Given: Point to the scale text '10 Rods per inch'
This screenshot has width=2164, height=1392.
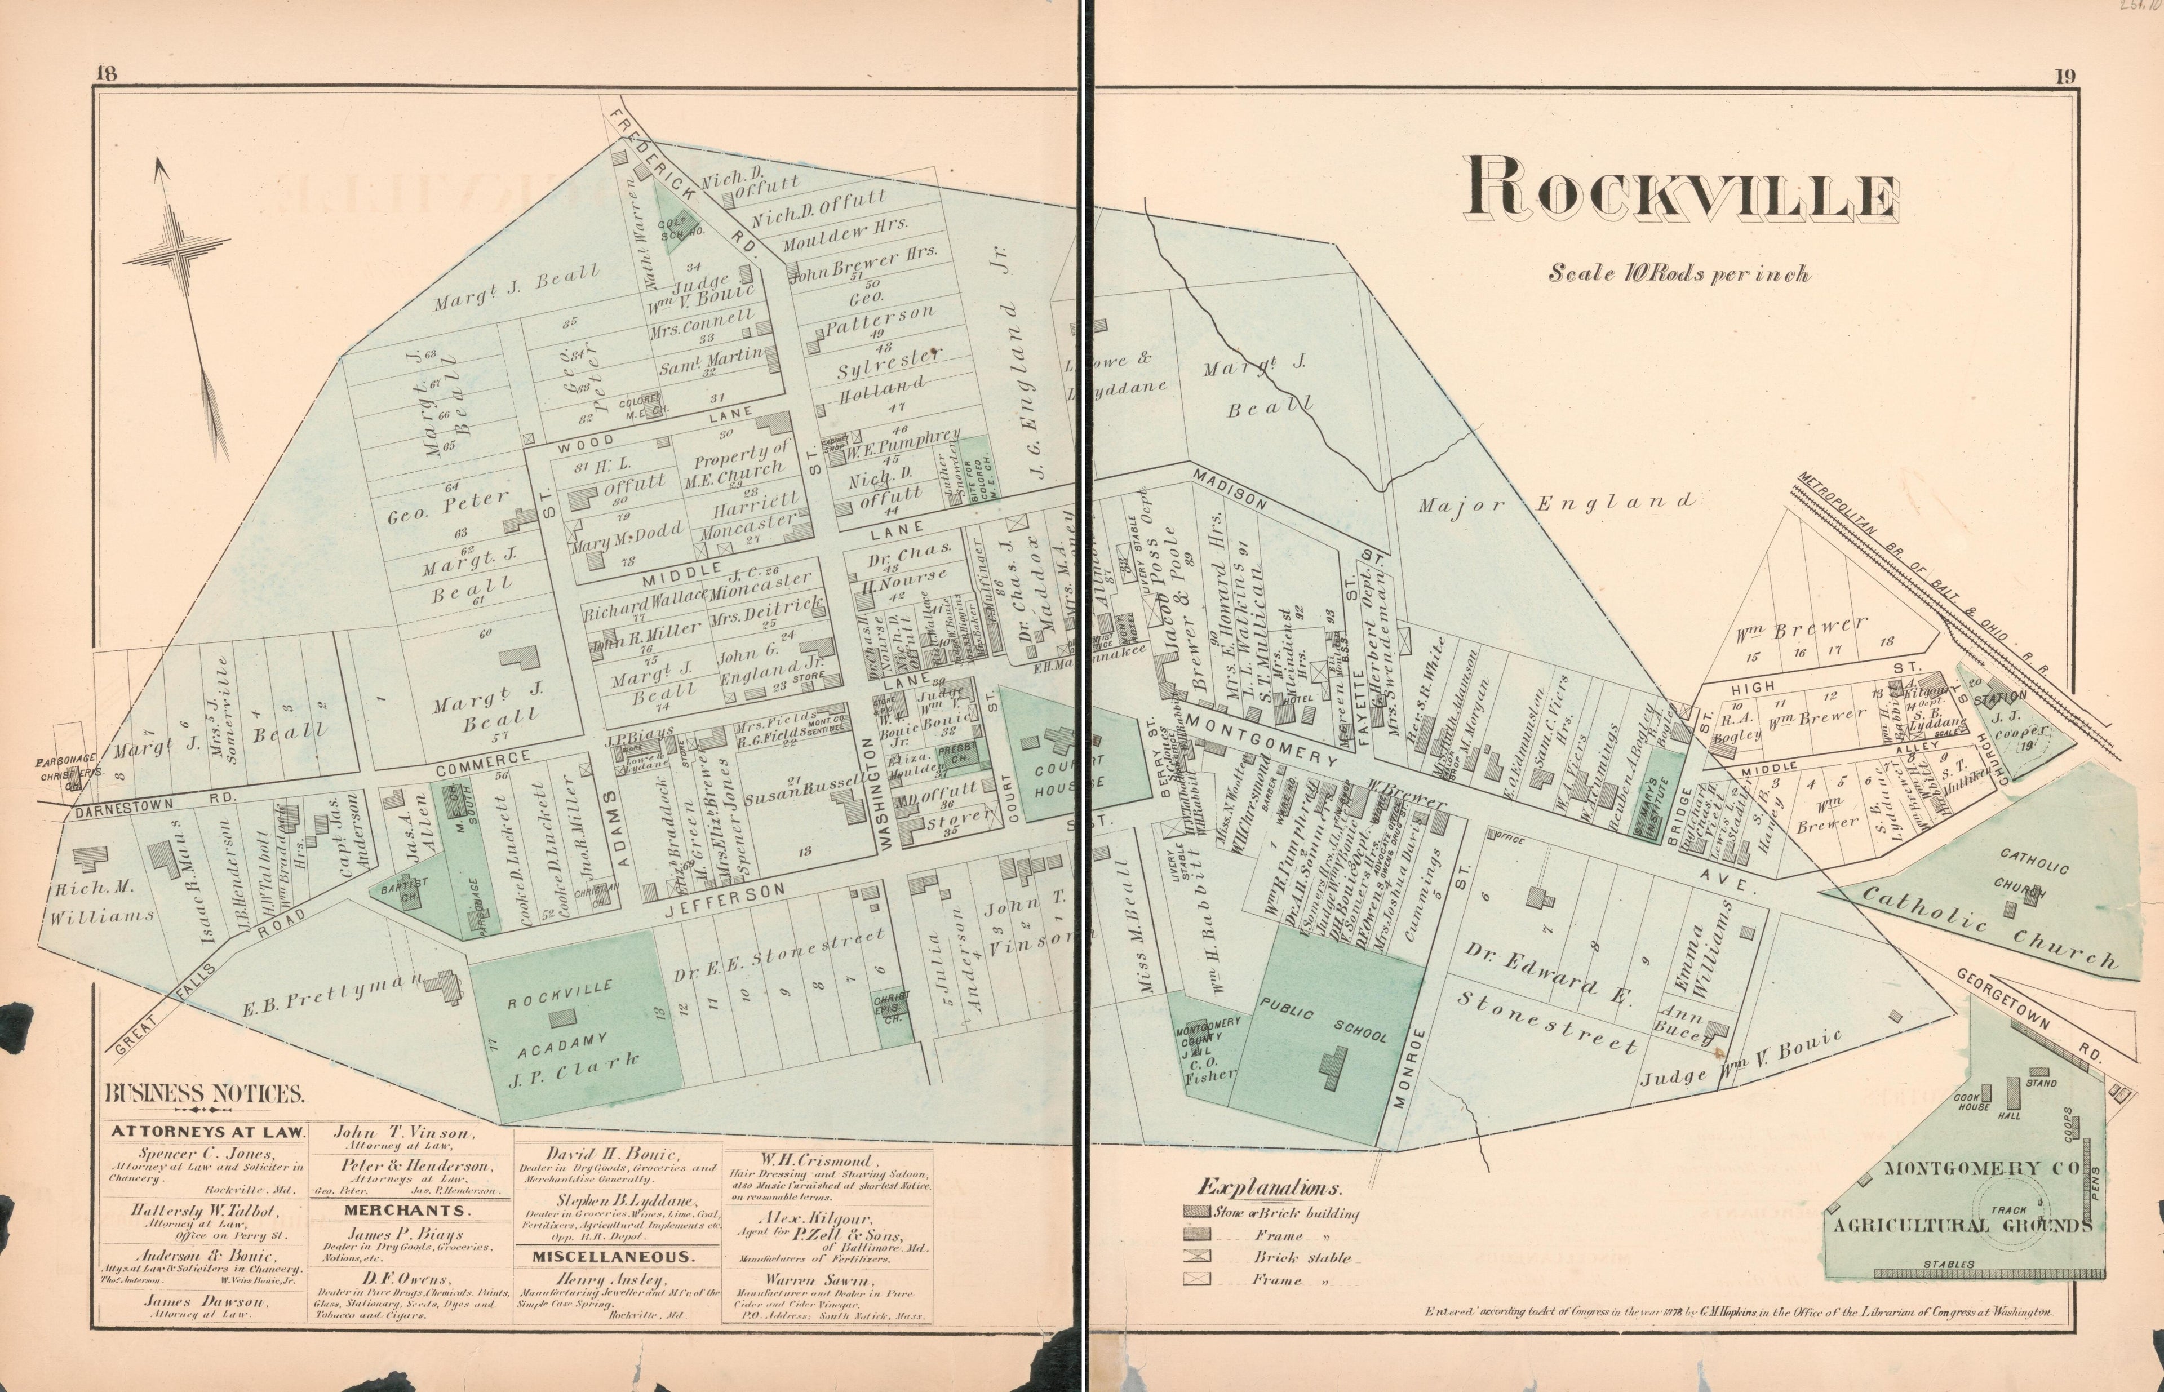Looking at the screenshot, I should (x=1679, y=272).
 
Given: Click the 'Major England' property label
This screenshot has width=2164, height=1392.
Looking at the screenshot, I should (x=1555, y=503).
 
